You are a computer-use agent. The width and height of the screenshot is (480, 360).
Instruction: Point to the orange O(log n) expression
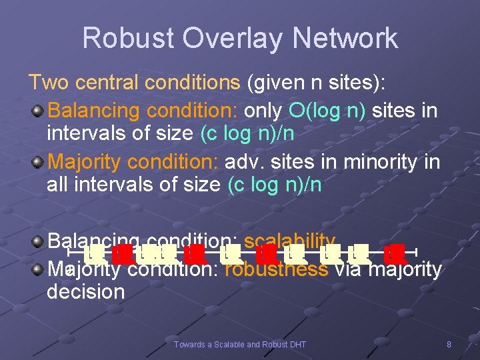coord(327,109)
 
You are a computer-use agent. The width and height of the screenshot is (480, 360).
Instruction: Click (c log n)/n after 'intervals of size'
coord(247,133)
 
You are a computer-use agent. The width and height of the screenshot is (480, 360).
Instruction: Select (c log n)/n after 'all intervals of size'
coord(274,185)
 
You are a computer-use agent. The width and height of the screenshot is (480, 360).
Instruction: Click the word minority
coord(380,161)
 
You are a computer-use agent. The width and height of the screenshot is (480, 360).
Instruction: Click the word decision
coord(85,292)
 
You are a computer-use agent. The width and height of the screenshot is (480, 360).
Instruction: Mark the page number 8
coord(449,345)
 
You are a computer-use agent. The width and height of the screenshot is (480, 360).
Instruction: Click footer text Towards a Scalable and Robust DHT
coord(239,345)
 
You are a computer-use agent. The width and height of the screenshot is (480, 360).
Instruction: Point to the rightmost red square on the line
coord(397,253)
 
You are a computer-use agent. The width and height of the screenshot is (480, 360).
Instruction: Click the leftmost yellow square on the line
coord(95,253)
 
